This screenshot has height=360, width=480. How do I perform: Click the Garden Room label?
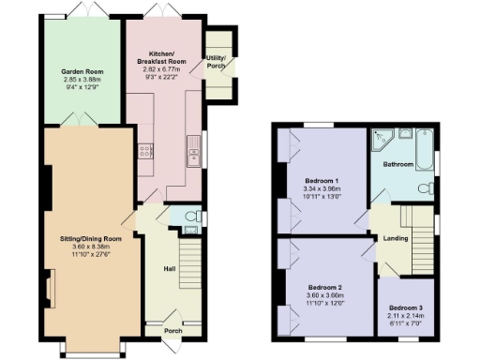tap(82, 71)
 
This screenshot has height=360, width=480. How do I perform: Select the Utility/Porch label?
tap(217, 63)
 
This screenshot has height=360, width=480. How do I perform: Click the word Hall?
tap(170, 269)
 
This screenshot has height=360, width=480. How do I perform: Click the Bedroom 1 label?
tap(322, 180)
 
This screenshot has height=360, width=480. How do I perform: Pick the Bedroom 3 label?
tap(406, 308)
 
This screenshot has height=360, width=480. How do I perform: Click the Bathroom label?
tap(402, 164)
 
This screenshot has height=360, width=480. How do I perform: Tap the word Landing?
tap(395, 238)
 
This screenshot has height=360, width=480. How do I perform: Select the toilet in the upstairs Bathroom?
tap(424, 188)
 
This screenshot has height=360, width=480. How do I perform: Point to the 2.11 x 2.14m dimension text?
tap(406, 316)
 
